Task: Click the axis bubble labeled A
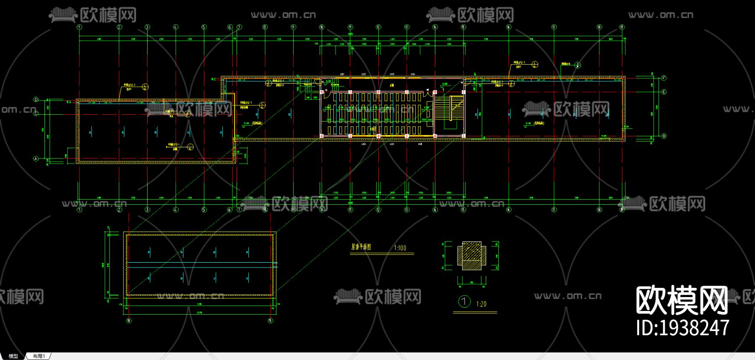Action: [36, 159]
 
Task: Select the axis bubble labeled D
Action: [36, 100]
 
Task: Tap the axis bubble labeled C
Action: [36, 113]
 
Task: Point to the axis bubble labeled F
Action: [664, 78]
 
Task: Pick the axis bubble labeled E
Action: [664, 92]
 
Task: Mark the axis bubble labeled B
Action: [664, 136]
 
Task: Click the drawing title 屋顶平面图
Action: [361, 247]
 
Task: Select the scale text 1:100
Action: [400, 248]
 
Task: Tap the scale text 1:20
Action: [481, 304]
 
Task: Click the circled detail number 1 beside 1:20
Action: [464, 302]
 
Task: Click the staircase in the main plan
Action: [450, 108]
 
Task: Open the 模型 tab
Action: [13, 356]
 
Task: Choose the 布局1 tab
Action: [39, 356]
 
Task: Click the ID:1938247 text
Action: [682, 328]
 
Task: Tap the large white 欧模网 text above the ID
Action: [682, 300]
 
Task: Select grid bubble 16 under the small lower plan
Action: [128, 321]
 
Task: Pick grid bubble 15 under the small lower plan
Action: [271, 321]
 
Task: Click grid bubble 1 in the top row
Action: [79, 27]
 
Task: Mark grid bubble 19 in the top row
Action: [622, 27]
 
